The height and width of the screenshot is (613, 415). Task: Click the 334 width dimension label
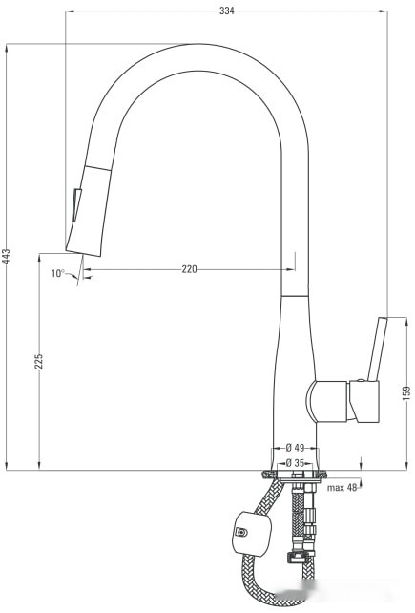(226, 11)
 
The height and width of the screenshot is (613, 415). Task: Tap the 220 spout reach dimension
(189, 269)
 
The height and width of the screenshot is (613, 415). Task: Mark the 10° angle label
(57, 273)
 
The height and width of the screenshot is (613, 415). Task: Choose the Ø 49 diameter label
(295, 448)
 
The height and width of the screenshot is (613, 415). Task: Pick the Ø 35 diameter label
(295, 463)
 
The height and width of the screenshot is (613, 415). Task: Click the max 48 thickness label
(341, 488)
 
